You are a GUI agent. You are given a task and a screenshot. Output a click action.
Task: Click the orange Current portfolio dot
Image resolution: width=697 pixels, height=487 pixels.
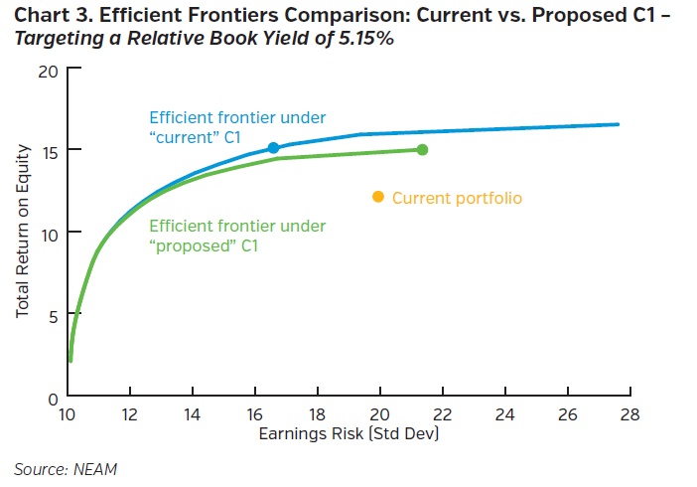(x=377, y=197)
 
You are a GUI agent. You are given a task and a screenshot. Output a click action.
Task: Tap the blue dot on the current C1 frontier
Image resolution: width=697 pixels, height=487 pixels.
(x=274, y=148)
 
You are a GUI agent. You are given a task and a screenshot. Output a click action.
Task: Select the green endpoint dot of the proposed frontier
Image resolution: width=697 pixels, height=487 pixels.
(x=422, y=150)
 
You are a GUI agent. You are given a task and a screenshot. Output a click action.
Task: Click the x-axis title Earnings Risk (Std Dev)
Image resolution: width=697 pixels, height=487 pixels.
(x=348, y=435)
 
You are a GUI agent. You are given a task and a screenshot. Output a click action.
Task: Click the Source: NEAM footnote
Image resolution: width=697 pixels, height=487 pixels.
(x=61, y=467)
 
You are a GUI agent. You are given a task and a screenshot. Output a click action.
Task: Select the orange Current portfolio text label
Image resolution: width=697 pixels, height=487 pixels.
(x=457, y=198)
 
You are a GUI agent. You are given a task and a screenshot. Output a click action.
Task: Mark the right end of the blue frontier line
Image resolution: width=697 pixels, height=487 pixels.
(x=619, y=124)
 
